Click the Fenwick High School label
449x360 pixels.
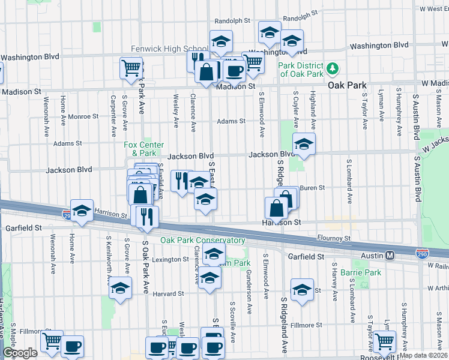tap(170, 49)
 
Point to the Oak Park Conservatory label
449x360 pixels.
tap(202, 241)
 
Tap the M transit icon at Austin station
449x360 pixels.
tap(390, 256)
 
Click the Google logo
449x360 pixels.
tap(20, 353)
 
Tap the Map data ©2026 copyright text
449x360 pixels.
tap(424, 355)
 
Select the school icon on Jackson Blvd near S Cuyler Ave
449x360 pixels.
tap(304, 144)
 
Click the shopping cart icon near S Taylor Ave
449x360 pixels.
tap(384, 341)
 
